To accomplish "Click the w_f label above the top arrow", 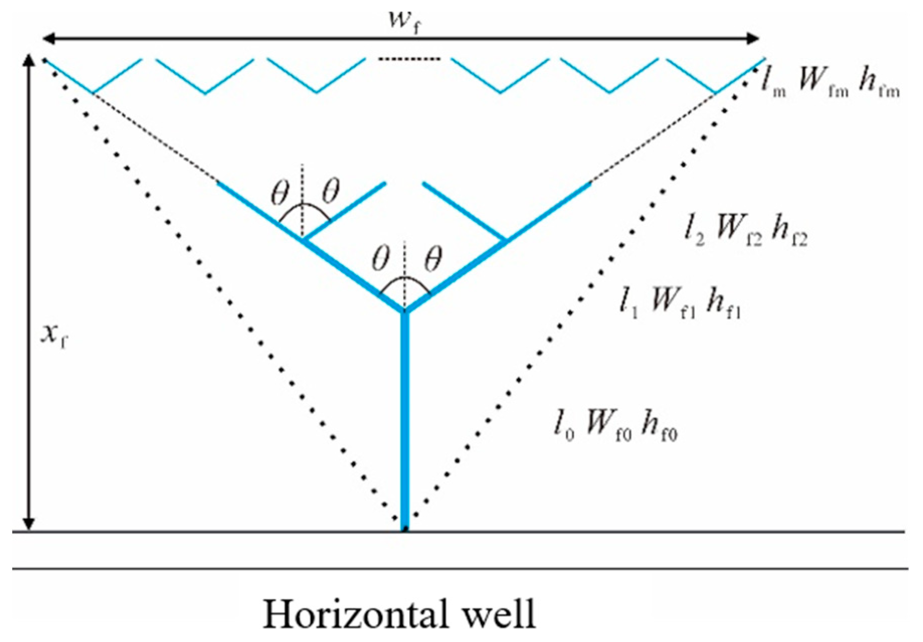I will tap(404, 21).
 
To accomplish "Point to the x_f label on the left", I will tap(54, 335).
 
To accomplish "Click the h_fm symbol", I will tap(878, 83).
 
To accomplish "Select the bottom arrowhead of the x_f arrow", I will tap(29, 523).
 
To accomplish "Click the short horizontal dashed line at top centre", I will tap(408, 60).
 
